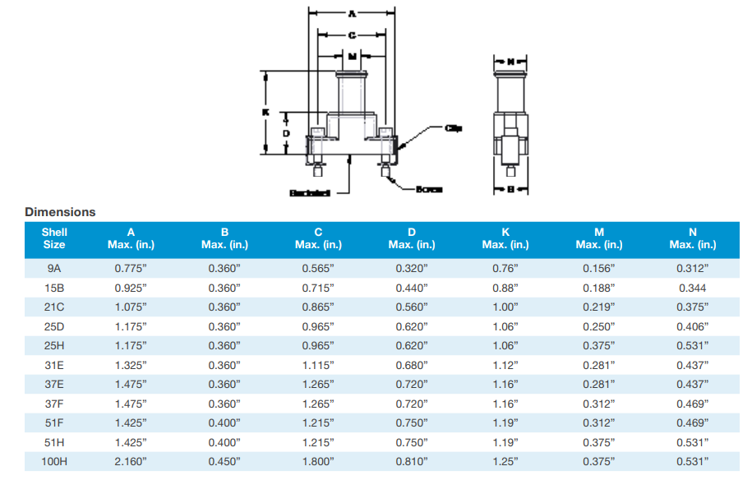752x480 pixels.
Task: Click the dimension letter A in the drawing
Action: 352,13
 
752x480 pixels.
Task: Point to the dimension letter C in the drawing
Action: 352,35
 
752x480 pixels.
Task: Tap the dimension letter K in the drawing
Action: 265,112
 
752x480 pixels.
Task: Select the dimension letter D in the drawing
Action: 285,132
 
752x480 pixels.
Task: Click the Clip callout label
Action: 453,128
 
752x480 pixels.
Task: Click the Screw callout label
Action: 429,189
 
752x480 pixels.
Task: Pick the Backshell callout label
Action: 310,193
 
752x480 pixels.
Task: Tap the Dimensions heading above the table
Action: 60,212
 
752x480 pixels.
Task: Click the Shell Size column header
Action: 54,238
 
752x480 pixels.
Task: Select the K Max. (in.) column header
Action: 505,238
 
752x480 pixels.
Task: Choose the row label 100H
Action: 54,462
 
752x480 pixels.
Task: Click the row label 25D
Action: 54,326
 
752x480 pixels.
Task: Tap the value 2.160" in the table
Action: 131,462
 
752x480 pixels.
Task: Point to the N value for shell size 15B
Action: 693,288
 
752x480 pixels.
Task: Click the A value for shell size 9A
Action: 131,268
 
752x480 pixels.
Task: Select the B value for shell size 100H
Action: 224,462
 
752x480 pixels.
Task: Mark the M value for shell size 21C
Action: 599,307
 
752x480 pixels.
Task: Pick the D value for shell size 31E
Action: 412,365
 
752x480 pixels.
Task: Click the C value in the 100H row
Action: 318,462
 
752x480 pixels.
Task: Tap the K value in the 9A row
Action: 505,268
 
